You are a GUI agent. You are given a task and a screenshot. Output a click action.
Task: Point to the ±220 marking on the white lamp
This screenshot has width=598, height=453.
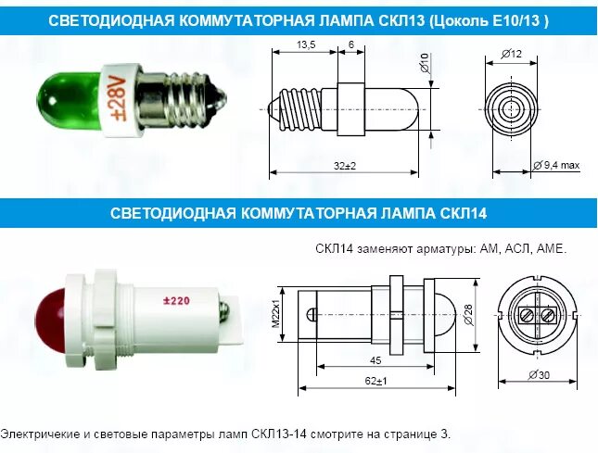click(x=176, y=300)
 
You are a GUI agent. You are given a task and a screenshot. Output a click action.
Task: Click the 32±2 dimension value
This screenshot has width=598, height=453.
click(x=346, y=165)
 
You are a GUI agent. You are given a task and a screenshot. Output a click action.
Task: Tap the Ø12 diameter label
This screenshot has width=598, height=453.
click(x=513, y=54)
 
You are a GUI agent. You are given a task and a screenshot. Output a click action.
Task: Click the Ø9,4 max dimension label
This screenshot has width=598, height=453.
click(x=558, y=165)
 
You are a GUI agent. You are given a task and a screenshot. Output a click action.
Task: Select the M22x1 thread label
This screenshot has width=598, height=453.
click(x=276, y=312)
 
